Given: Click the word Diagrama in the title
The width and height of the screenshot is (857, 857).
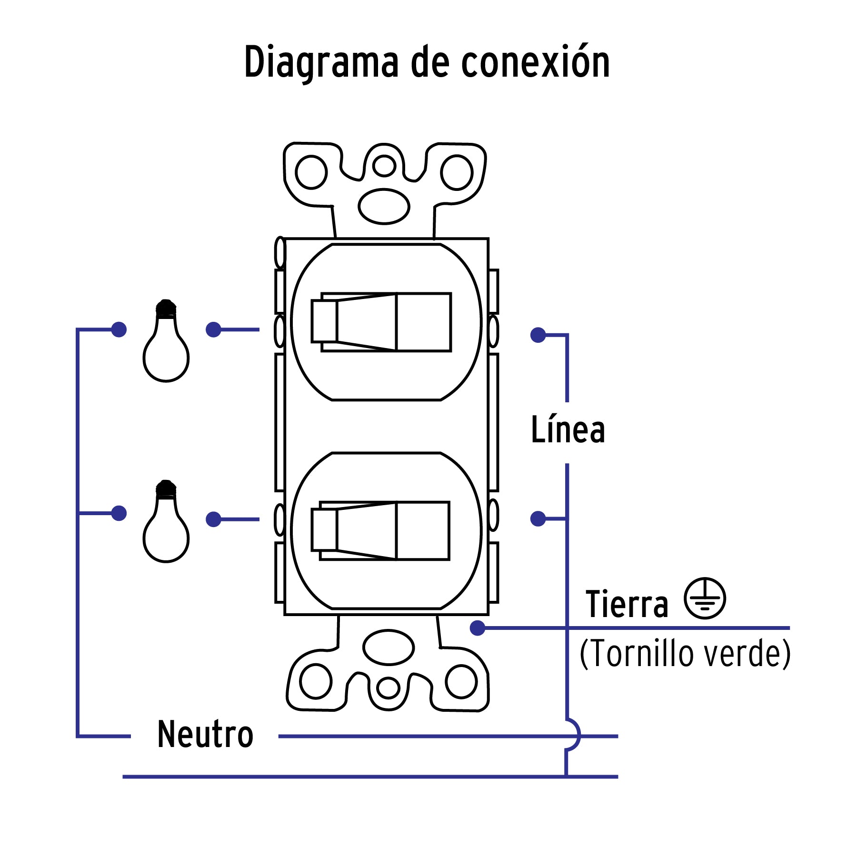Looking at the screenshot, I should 321,62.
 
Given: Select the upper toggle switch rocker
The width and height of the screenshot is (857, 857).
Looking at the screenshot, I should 381,322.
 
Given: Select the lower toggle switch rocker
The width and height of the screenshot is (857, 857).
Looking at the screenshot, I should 379,530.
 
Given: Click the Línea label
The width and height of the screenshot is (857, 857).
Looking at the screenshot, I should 568,430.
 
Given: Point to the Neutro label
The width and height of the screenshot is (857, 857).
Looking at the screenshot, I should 205,734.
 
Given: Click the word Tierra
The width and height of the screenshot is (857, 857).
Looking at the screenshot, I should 627,604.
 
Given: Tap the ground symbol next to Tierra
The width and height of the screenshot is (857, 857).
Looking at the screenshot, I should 705,598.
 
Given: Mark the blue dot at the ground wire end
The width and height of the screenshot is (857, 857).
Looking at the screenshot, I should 477,628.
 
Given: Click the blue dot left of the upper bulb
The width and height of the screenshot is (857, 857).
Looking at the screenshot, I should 119,329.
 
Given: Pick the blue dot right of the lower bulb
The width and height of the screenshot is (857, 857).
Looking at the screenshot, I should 213,519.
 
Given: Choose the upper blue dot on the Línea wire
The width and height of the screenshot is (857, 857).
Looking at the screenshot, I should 538,335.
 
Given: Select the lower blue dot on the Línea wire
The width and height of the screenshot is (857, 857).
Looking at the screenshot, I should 538,518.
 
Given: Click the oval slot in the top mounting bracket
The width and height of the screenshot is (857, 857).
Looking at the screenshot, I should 384,206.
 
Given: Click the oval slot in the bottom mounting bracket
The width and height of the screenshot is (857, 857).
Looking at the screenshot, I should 388,648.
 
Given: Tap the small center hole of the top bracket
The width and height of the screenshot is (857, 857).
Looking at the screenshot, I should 384,166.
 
